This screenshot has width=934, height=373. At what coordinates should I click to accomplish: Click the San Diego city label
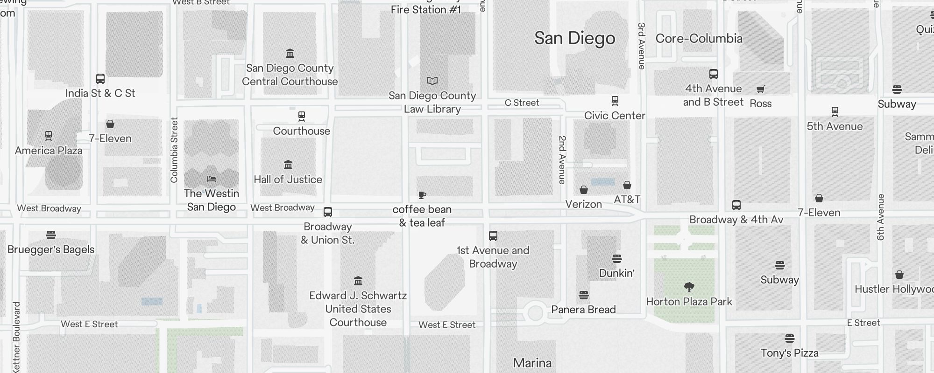coord(574,38)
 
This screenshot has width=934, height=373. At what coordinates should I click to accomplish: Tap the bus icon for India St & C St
coord(100,78)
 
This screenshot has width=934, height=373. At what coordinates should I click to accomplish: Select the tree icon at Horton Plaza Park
coord(689,287)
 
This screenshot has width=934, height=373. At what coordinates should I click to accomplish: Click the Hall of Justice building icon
coord(288,165)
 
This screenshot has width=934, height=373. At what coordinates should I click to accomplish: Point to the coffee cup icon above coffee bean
coord(422,195)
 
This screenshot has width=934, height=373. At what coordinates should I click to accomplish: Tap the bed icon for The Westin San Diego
coord(212,179)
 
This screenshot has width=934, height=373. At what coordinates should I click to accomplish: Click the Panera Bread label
coord(583,310)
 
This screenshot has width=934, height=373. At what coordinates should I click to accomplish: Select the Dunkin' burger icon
coord(616,258)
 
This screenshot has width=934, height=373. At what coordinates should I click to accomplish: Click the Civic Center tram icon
coord(615,101)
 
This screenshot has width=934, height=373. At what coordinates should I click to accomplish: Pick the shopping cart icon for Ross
coord(760,89)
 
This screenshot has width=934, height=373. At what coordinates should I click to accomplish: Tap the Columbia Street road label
coord(174,150)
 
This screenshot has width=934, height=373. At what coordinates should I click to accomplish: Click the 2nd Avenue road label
coord(562,159)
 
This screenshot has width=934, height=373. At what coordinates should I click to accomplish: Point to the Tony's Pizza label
coord(789,353)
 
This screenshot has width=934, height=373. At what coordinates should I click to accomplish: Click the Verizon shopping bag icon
coord(584,190)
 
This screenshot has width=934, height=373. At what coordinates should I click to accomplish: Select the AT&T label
coord(627,200)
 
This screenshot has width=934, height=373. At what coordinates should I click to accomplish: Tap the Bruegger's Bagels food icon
coord(51,235)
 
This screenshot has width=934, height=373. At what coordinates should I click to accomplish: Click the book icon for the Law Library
coord(432,81)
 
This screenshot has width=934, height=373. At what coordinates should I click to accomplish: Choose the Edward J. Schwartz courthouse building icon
coord(358,281)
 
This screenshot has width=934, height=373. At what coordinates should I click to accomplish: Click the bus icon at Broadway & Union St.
coord(328,212)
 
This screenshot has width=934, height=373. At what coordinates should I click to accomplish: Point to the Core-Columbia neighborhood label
coord(699,39)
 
